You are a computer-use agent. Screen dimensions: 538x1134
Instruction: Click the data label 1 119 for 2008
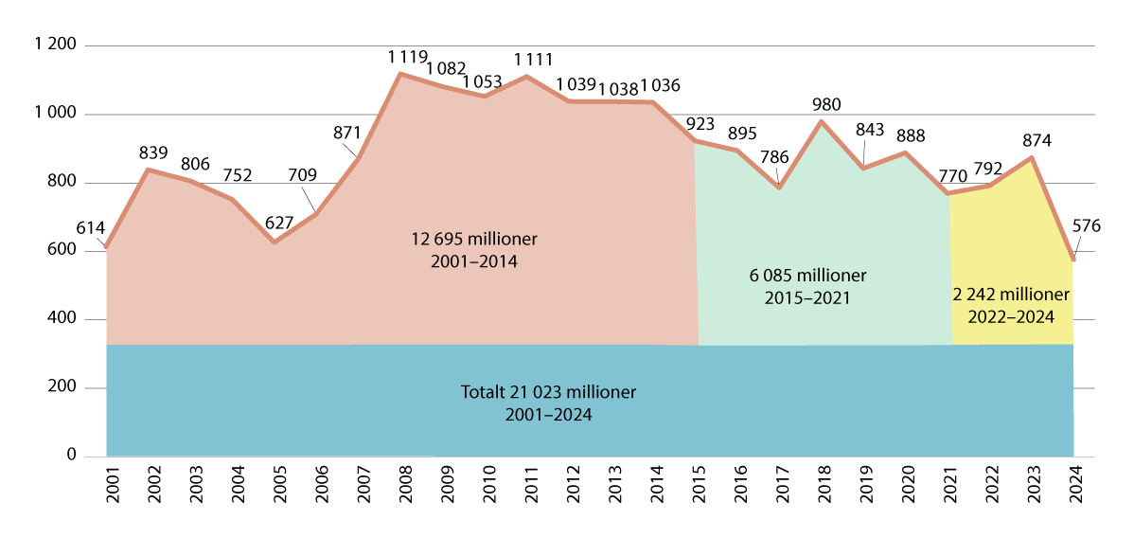(408, 58)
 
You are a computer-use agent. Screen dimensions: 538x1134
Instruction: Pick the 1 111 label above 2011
(534, 59)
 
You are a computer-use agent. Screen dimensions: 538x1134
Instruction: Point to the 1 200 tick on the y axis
(55, 45)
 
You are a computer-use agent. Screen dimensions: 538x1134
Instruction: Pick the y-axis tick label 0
(71, 457)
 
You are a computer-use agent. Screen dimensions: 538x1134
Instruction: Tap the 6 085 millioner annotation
(807, 277)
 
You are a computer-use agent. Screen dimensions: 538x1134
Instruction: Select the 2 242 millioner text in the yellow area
(1011, 296)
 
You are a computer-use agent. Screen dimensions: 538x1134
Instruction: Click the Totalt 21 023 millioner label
(548, 392)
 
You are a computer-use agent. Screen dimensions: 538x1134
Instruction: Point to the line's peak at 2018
(822, 121)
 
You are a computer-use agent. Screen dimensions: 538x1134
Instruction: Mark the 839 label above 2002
(152, 152)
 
